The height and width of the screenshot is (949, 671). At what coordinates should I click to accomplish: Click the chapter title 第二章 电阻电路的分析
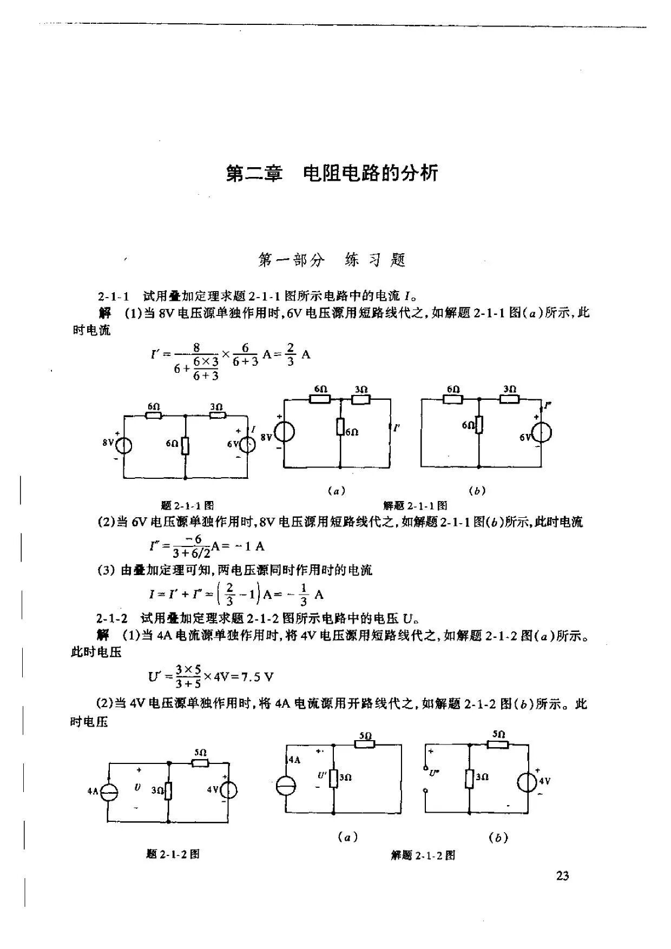click(x=332, y=173)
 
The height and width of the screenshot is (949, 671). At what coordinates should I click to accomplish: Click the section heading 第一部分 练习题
click(x=332, y=260)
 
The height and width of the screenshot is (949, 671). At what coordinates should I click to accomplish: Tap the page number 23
click(x=562, y=875)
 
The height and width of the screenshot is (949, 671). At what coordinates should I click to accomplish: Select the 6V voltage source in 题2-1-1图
click(x=248, y=444)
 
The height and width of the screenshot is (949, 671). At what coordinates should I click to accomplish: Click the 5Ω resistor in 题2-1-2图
click(x=201, y=763)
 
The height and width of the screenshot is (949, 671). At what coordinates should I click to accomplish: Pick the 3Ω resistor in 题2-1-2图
click(x=169, y=790)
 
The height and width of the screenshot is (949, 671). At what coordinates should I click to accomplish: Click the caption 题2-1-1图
click(x=187, y=506)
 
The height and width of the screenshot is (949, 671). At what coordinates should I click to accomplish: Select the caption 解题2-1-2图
click(x=423, y=855)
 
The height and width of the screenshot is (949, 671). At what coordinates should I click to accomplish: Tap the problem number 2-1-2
click(x=112, y=618)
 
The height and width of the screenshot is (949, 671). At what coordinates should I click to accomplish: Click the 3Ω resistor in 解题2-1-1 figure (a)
click(x=361, y=400)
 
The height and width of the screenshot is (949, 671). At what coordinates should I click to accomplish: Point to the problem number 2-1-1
click(x=114, y=296)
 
